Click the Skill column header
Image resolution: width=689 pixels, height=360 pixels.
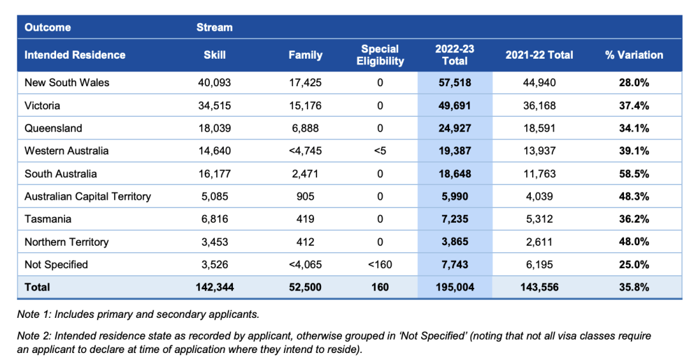click(214, 55)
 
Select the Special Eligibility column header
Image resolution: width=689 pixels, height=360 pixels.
click(380, 55)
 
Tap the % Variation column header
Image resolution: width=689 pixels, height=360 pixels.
click(633, 55)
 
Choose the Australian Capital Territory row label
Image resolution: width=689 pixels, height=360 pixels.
click(87, 197)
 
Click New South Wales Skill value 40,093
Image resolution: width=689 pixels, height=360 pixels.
click(214, 82)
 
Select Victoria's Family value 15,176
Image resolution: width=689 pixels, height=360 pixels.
click(306, 105)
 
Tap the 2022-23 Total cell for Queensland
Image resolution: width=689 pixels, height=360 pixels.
click(455, 128)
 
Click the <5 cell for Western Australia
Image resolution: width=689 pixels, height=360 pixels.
click(380, 151)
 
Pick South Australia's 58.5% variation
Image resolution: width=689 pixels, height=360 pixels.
click(633, 174)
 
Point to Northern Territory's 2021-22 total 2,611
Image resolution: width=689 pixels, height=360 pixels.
click(539, 242)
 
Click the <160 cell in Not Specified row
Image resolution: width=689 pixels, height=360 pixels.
click(380, 265)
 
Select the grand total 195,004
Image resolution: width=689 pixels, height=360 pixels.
click(455, 287)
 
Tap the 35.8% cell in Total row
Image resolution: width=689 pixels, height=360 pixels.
click(633, 287)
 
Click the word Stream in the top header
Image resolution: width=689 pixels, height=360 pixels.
click(214, 27)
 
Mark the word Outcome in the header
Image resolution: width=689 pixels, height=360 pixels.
click(47, 27)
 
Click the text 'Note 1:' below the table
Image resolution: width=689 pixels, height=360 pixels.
click(34, 315)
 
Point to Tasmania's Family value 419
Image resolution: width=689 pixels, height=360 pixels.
click(306, 219)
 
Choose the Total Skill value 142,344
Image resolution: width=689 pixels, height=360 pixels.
click(214, 287)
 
